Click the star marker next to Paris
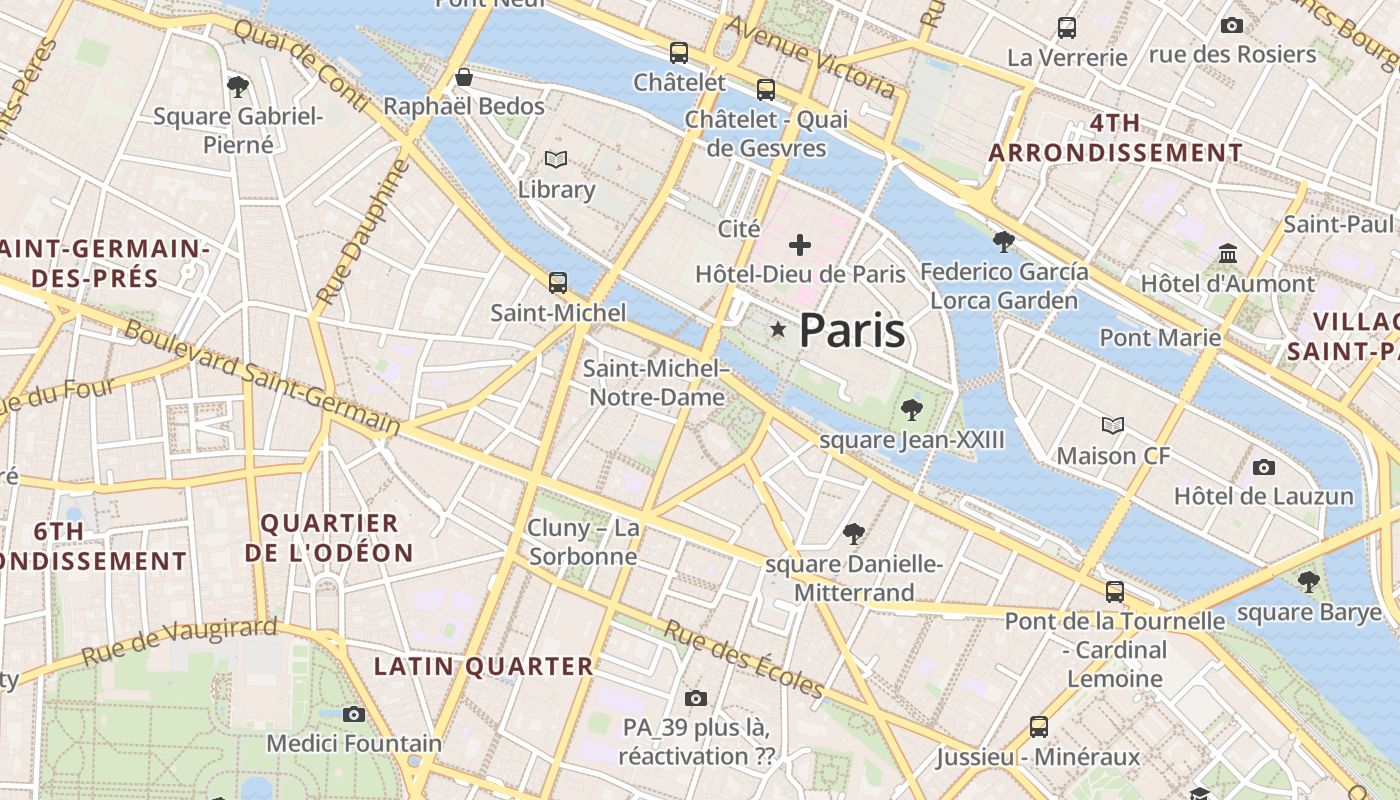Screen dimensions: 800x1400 click(x=778, y=329)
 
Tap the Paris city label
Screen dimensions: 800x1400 click(x=852, y=331)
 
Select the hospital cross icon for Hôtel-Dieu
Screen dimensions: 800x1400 click(x=800, y=244)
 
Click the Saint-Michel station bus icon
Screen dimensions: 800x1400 click(x=558, y=283)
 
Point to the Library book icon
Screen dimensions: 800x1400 click(x=556, y=160)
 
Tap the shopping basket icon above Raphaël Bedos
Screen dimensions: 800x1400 click(x=464, y=77)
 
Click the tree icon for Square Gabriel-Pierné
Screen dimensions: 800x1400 click(x=238, y=87)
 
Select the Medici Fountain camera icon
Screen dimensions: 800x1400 click(x=353, y=714)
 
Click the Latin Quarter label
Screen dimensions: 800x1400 click(x=484, y=666)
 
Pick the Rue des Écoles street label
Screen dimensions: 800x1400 click(x=744, y=659)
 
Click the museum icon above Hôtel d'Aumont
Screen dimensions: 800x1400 click(x=1228, y=254)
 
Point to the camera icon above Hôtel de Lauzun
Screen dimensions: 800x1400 click(x=1264, y=467)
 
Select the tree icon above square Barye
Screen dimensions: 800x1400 click(x=1308, y=581)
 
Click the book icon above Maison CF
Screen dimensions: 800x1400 click(x=1113, y=426)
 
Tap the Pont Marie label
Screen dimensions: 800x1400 click(x=1160, y=337)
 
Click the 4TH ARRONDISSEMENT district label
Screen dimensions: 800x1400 click(x=1115, y=138)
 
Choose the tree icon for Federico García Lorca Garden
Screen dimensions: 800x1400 click(x=1004, y=241)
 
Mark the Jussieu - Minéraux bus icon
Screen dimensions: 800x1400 click(x=1039, y=727)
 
